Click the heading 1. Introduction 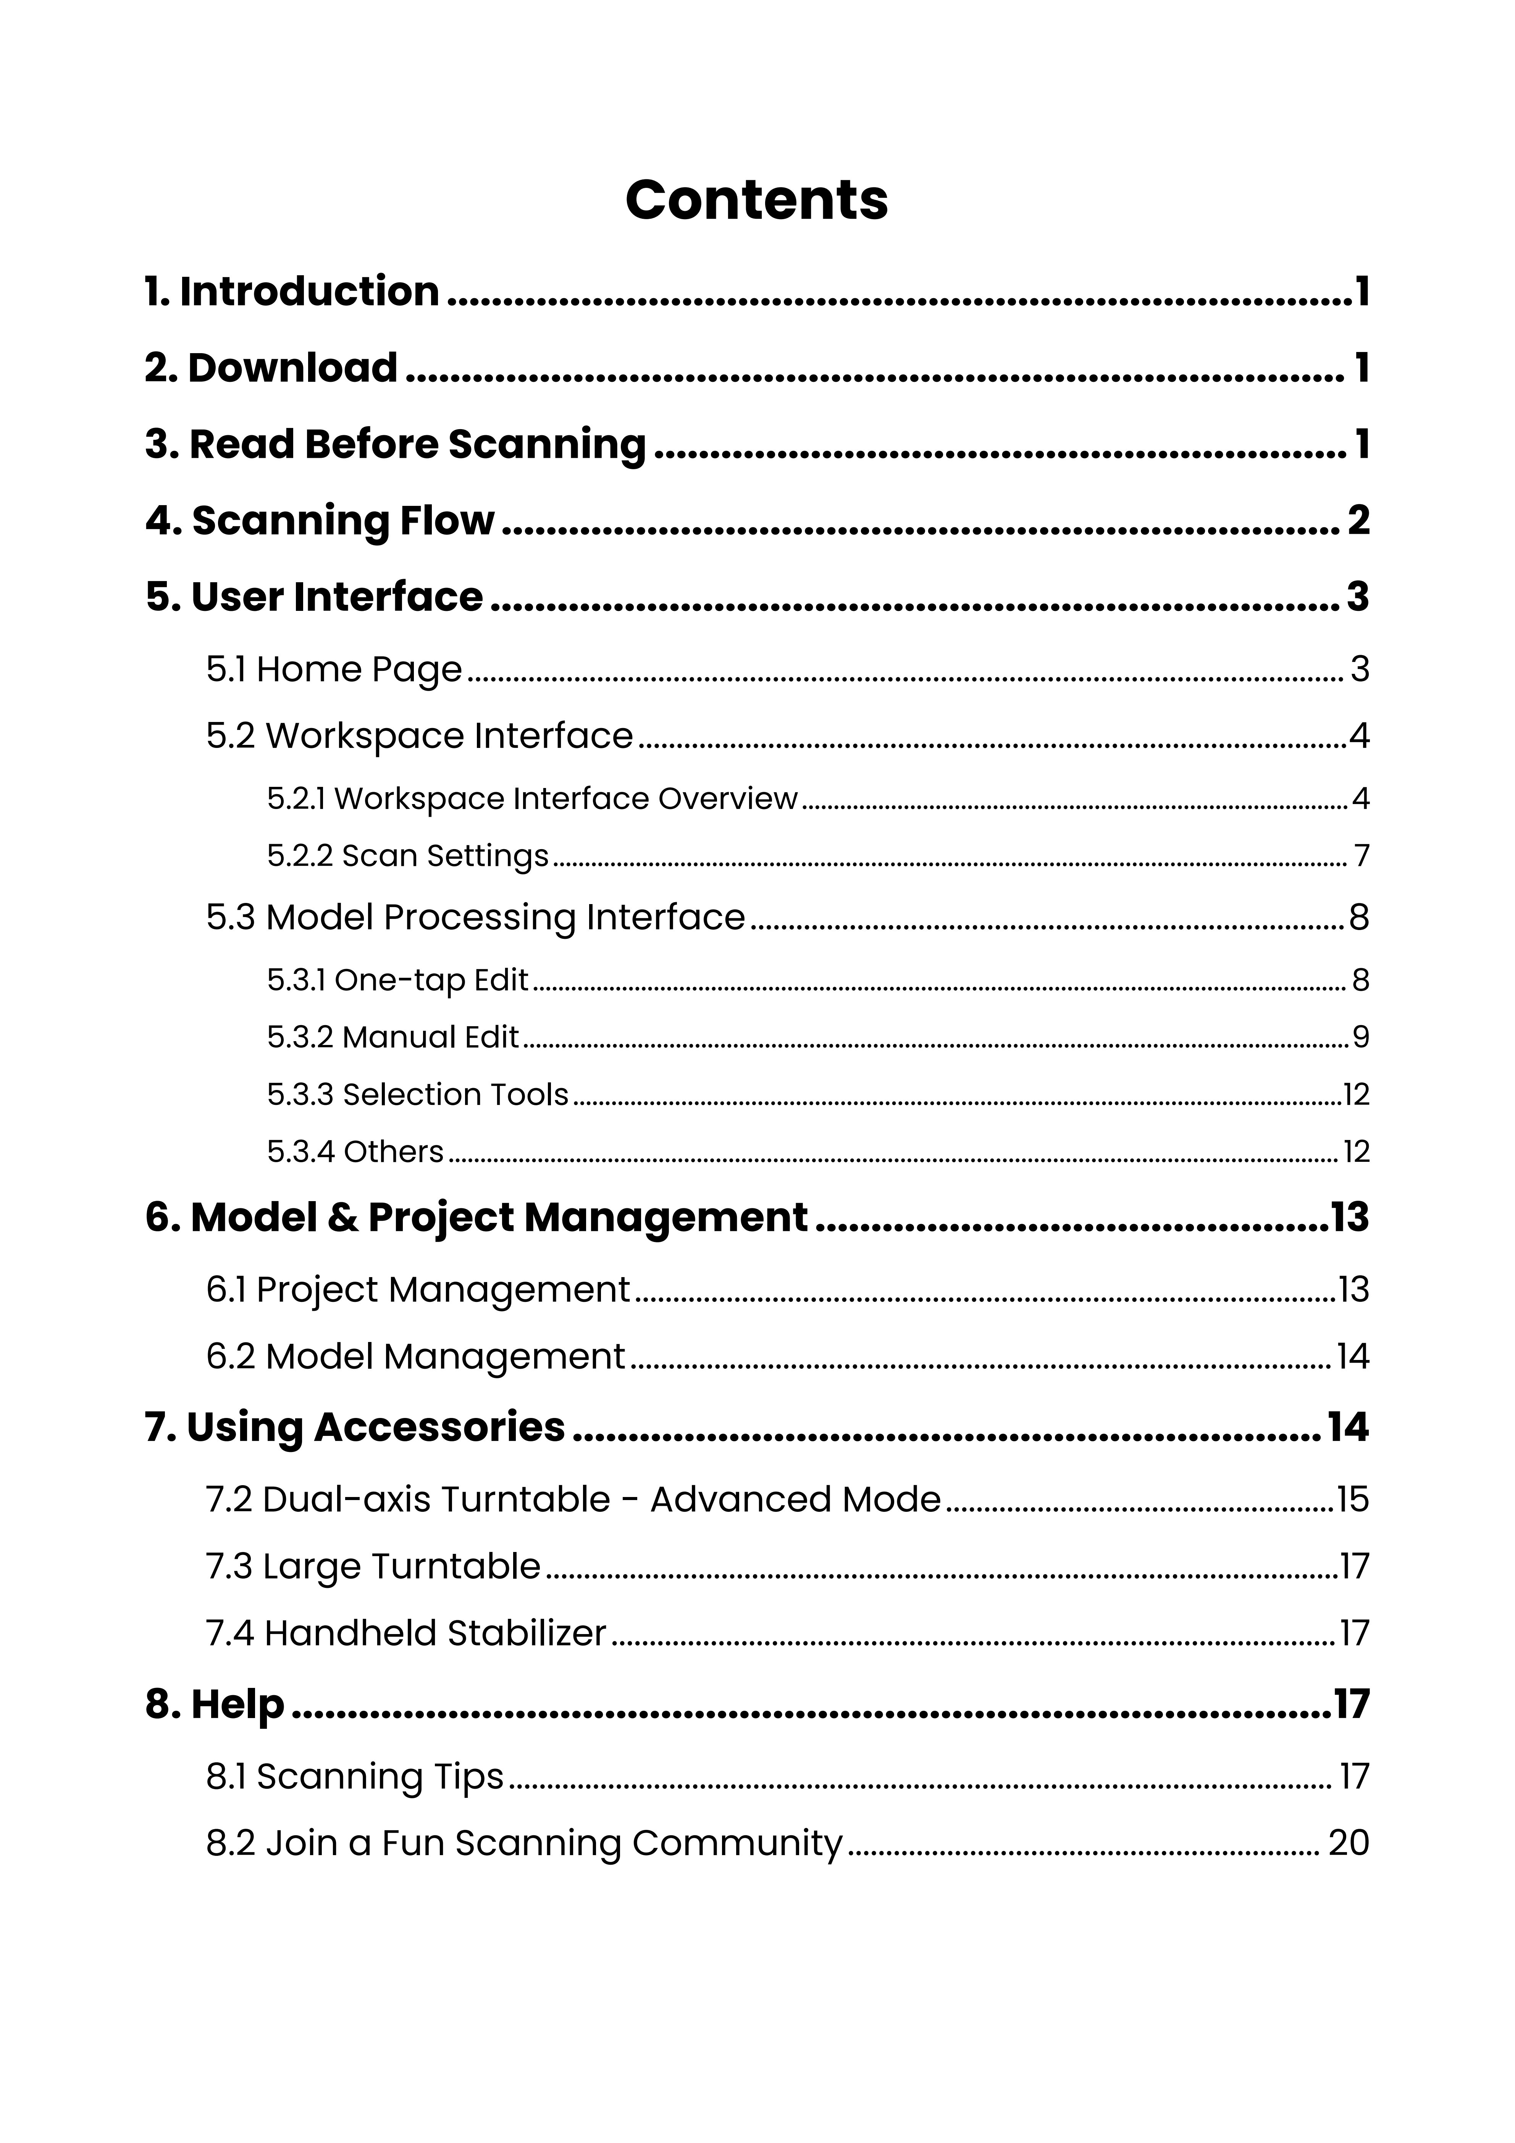pyautogui.click(x=292, y=291)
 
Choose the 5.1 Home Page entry pyautogui.click(x=334, y=669)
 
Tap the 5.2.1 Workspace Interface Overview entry pyautogui.click(x=532, y=799)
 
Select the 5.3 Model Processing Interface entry pyautogui.click(x=476, y=917)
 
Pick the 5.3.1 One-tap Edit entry pyautogui.click(x=398, y=980)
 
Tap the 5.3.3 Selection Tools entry pyautogui.click(x=417, y=1094)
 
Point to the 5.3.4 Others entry pyautogui.click(x=355, y=1152)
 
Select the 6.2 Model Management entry pyautogui.click(x=415, y=1356)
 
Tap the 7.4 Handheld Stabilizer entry pyautogui.click(x=406, y=1633)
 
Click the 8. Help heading pyautogui.click(x=215, y=1704)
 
